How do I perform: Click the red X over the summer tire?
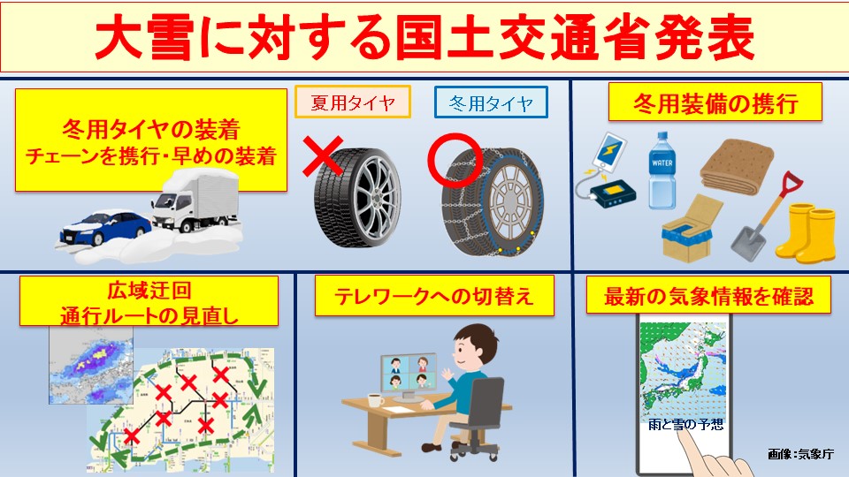point(323,156)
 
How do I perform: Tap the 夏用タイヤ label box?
point(353,102)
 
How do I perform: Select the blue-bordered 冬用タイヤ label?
point(491,102)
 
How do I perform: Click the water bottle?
point(662,170)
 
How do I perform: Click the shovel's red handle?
point(791,184)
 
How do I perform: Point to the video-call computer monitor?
point(409,374)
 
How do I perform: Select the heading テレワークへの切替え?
point(434,296)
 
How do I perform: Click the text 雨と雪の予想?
point(685,425)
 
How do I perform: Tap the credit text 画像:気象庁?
point(800,454)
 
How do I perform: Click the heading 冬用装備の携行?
point(715,102)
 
